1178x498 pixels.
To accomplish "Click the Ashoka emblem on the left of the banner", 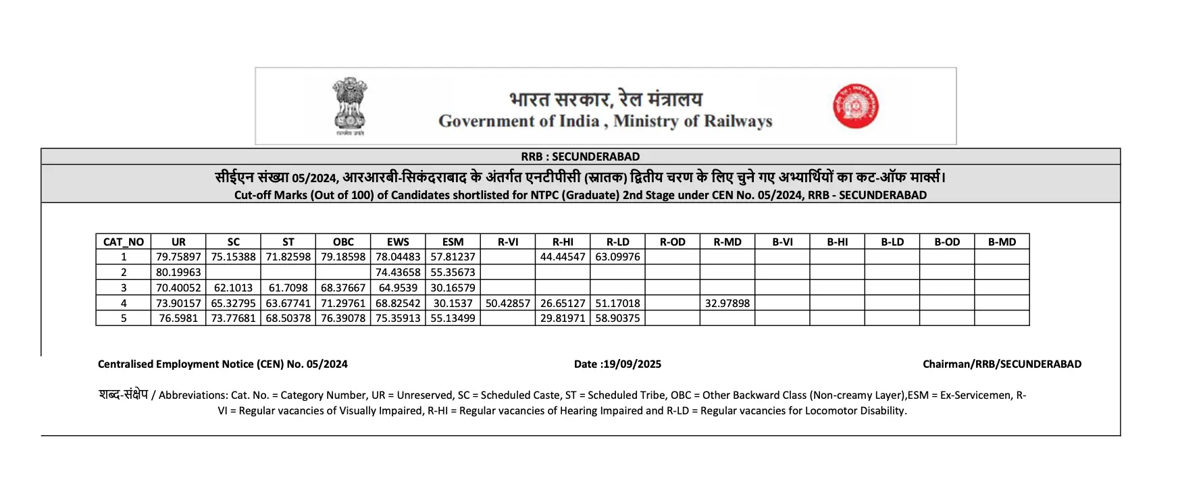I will click(x=349, y=105).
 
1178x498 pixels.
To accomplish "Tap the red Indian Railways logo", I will click(x=855, y=106).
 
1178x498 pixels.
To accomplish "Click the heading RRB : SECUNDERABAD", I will click(x=580, y=157).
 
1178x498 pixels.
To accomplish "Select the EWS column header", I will click(x=398, y=242).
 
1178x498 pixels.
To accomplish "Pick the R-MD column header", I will click(x=727, y=242).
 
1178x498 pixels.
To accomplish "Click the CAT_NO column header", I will click(x=124, y=242).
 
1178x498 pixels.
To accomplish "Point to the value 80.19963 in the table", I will click(x=178, y=272).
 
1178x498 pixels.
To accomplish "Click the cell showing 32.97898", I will click(x=727, y=303).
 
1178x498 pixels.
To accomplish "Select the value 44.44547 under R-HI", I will click(x=563, y=257).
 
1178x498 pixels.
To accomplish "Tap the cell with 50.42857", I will click(x=508, y=303).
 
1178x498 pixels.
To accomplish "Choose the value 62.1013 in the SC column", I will click(x=234, y=287).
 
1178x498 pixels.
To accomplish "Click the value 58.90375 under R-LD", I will click(x=617, y=318).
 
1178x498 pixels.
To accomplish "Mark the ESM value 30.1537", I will click(x=453, y=303).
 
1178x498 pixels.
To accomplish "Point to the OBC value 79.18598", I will click(x=343, y=257).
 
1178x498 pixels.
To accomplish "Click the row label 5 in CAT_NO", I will click(x=124, y=318).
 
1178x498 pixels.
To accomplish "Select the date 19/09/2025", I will click(x=632, y=364).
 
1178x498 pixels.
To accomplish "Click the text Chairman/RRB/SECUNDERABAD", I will click(x=1002, y=364).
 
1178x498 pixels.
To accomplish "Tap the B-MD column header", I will click(x=1002, y=242).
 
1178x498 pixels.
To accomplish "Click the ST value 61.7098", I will click(x=288, y=287).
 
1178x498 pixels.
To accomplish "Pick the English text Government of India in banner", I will click(x=519, y=121).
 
